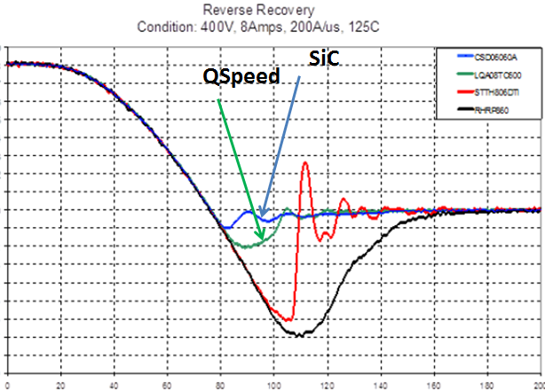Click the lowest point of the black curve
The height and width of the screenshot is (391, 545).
point(300,335)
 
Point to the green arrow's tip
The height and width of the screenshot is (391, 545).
point(262,240)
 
